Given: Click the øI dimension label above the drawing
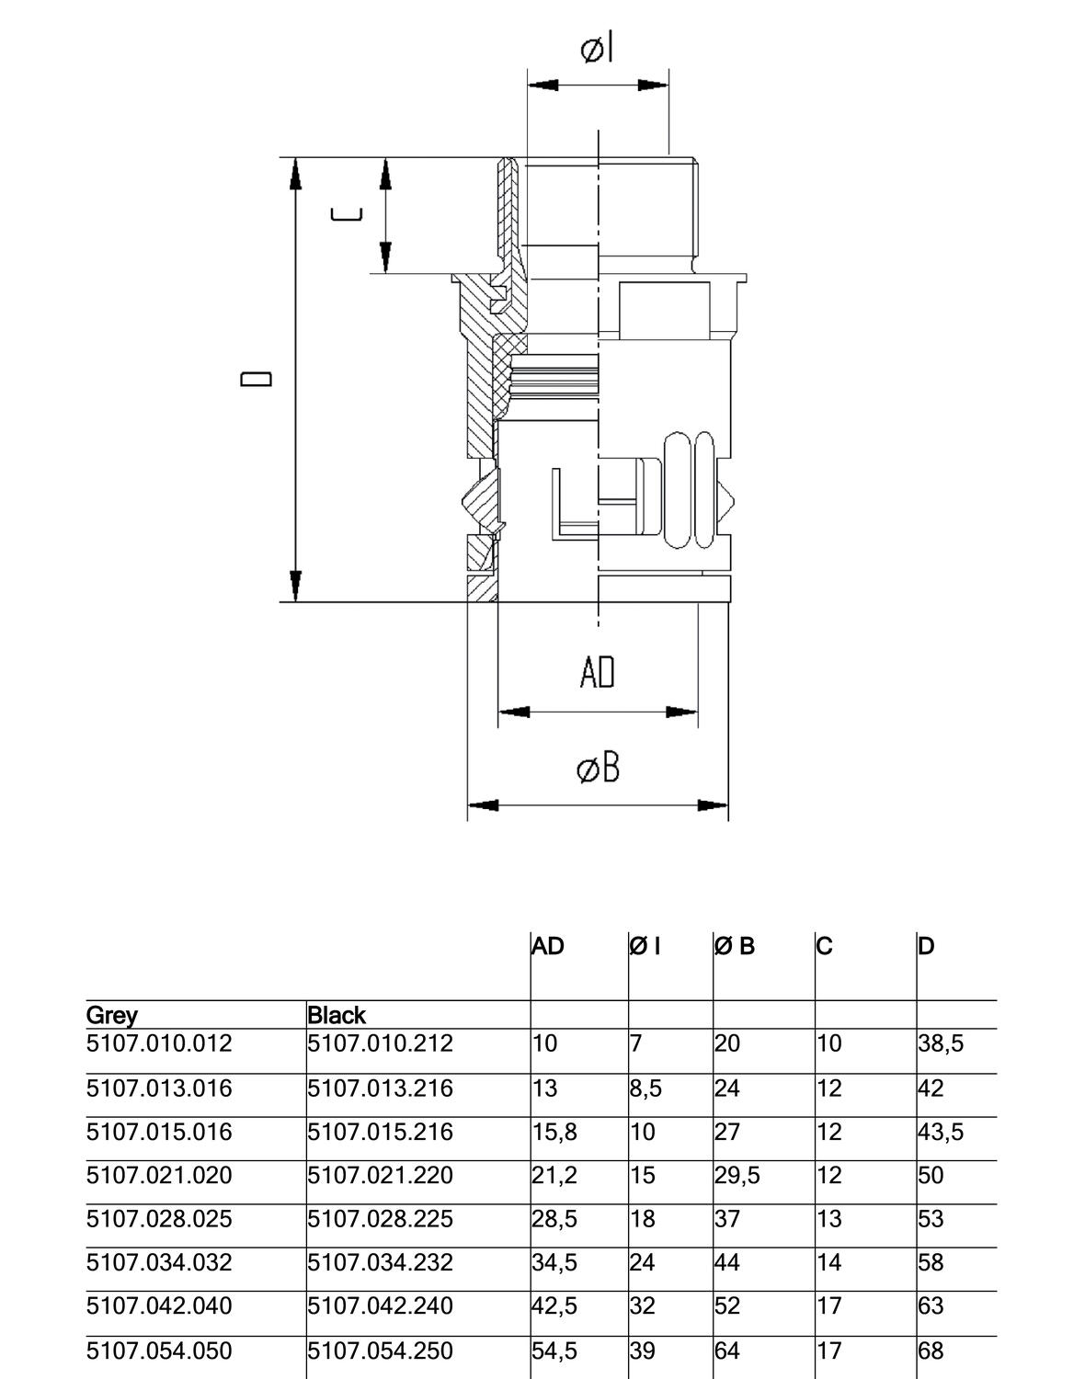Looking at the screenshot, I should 597,49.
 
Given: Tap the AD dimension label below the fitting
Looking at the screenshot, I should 597,672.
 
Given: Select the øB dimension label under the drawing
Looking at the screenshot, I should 599,767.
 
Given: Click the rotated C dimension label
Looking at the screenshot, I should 346,215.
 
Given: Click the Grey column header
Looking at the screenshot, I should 112,1015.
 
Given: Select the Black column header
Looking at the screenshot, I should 337,1015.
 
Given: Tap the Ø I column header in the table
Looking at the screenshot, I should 645,946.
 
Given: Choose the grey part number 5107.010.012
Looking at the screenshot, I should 159,1043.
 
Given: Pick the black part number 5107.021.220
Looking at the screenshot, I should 380,1175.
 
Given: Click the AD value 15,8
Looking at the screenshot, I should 554,1132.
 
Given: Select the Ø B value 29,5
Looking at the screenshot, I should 737,1175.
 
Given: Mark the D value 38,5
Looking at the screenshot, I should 941,1043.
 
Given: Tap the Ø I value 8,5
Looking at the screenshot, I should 645,1088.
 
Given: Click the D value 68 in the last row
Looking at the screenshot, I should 931,1351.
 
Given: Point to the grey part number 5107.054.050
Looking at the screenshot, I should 159,1351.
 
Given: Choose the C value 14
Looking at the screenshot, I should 828,1262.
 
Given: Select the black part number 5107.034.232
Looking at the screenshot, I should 380,1262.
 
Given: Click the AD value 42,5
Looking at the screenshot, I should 554,1305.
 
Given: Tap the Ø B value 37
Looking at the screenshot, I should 727,1218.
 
